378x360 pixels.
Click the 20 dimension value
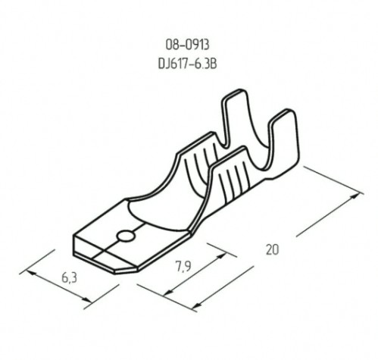(273, 247)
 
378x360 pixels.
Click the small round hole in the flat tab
(127, 236)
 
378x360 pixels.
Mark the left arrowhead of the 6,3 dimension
(29, 267)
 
